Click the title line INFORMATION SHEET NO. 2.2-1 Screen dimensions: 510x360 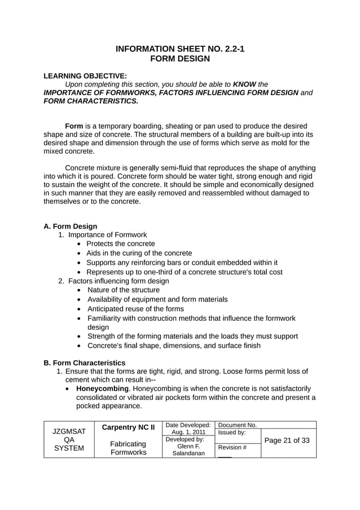pyautogui.click(x=180, y=49)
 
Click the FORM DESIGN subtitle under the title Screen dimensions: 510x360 pyautogui.click(x=180, y=59)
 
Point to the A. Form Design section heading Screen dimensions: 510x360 pyautogui.click(x=71, y=226)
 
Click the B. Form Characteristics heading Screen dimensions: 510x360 pyautogui.click(x=85, y=363)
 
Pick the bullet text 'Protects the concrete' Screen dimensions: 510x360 pyautogui.click(x=121, y=244)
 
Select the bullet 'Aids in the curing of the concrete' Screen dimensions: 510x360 pyautogui.click(x=139, y=253)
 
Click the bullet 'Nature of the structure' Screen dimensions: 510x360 pyautogui.click(x=124, y=290)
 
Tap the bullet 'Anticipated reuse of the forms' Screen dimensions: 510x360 pyautogui.click(x=135, y=309)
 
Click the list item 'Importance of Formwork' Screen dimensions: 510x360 pyautogui.click(x=108, y=235)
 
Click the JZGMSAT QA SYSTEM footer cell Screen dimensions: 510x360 pyautogui.click(x=69, y=440)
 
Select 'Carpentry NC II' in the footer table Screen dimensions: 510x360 pyautogui.click(x=128, y=428)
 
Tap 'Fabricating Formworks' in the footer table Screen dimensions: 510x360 pyautogui.click(x=128, y=448)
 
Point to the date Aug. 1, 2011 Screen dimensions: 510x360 pyautogui.click(x=188, y=432)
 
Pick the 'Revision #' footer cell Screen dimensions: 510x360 pyautogui.click(x=232, y=447)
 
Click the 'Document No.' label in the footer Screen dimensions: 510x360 pyautogui.click(x=238, y=425)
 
